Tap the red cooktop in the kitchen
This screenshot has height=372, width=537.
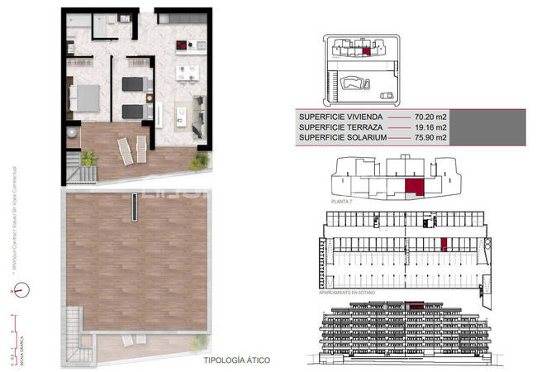181,46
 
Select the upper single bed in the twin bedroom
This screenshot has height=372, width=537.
135,83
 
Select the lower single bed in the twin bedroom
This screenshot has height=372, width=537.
135,110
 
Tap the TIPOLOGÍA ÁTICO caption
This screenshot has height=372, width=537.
235,361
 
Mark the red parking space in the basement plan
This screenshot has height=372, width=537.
444,244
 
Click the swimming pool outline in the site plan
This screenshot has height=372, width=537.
353,83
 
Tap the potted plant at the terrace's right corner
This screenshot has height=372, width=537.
199,160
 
